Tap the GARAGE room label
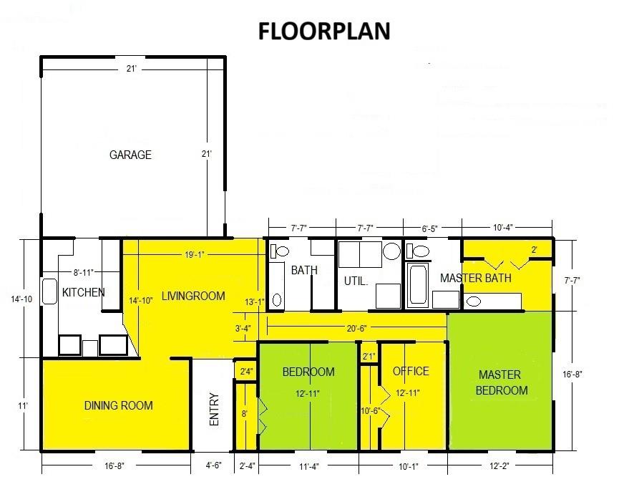click(x=130, y=155)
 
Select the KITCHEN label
click(x=84, y=292)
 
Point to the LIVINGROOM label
click(x=193, y=296)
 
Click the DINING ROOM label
click(x=119, y=405)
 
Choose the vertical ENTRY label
click(x=215, y=410)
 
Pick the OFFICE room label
click(x=411, y=371)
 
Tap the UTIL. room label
click(x=356, y=281)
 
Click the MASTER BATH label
click(x=475, y=278)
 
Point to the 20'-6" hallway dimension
click(x=356, y=329)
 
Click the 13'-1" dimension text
click(x=254, y=301)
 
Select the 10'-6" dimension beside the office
click(x=369, y=410)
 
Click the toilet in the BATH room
click(x=278, y=251)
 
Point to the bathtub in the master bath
click(x=416, y=286)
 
